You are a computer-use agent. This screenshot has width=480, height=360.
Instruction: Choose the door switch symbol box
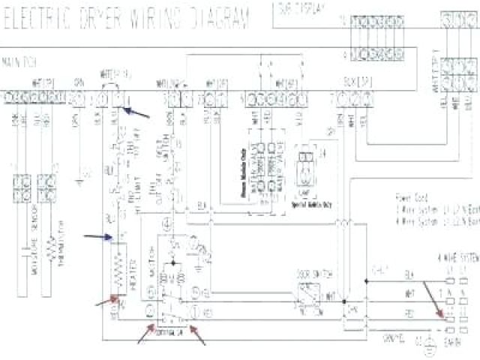308,293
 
